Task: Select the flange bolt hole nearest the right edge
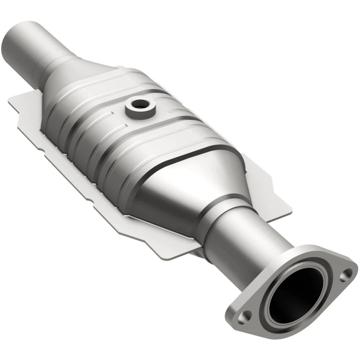345,273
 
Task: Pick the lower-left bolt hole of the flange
243,315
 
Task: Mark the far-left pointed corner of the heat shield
10,102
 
